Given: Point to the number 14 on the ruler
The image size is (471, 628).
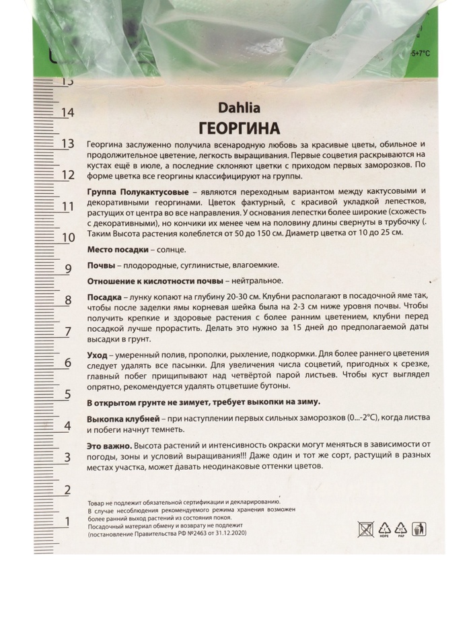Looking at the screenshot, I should (x=67, y=112).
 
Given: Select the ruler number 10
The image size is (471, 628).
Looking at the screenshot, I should (x=67, y=238).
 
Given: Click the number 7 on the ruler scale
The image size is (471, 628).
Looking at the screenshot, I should (x=67, y=332).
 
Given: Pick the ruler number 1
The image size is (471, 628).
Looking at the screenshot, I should (x=67, y=522).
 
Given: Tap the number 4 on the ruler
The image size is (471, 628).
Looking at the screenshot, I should (x=67, y=426).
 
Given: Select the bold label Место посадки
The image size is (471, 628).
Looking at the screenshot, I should (x=116, y=249).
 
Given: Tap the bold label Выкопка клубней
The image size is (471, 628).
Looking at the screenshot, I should (x=124, y=419).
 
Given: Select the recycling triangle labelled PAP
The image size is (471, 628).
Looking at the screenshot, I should (x=401, y=528).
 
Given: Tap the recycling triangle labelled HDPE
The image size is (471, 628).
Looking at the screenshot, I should (x=384, y=528).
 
